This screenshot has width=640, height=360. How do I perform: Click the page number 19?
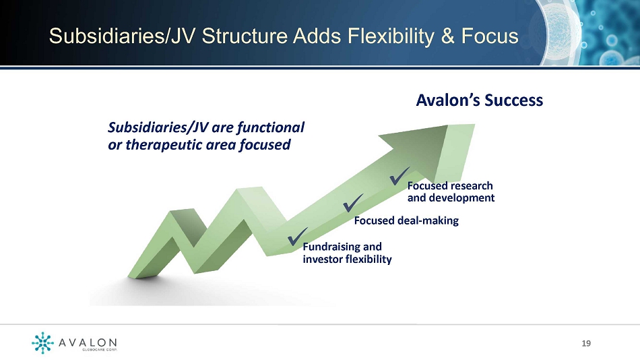[x=586, y=343]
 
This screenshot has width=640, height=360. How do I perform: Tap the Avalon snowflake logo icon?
[x=42, y=342]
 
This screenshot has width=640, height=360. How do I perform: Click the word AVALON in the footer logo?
[x=88, y=342]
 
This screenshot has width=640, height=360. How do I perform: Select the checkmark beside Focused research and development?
[x=399, y=176]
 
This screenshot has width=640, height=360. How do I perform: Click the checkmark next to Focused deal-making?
[x=352, y=203]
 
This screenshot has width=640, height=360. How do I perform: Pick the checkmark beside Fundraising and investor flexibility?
[x=298, y=237]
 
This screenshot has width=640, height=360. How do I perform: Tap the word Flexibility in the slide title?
[x=391, y=36]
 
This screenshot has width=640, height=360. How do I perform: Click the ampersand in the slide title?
[x=448, y=36]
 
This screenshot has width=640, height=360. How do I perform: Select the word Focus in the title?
[x=490, y=36]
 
